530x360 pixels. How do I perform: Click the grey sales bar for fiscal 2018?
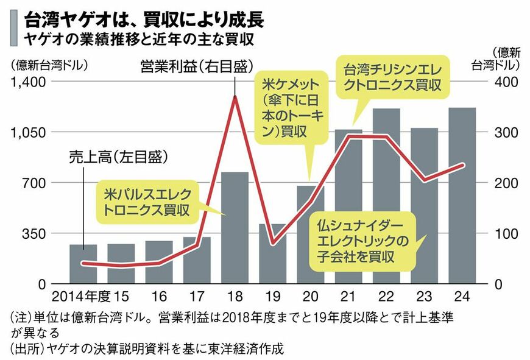coord(235,228)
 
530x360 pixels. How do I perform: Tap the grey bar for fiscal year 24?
coord(462,195)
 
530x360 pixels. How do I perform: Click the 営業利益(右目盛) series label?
coord(196,65)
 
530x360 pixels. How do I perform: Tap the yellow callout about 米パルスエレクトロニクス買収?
coord(152,202)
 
